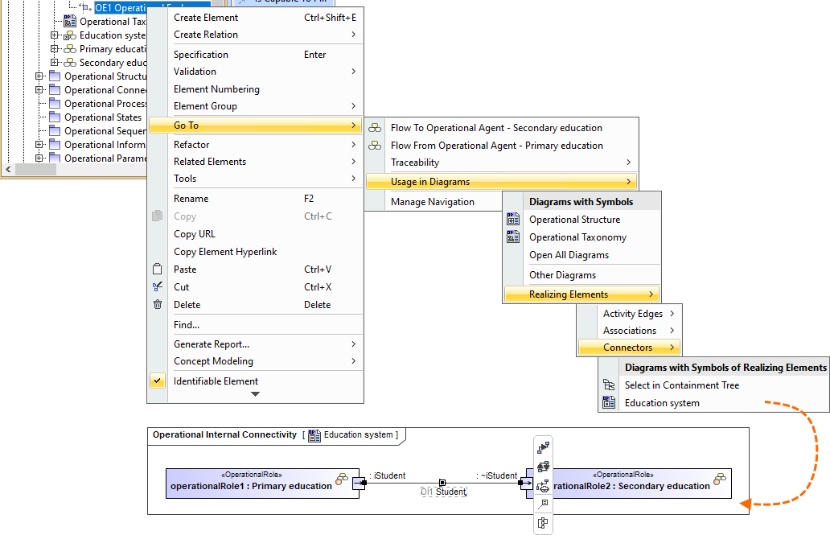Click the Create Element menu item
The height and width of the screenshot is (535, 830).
coord(206,18)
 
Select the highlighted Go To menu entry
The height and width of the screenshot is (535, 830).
coord(186,126)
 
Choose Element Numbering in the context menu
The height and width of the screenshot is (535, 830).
coord(216,89)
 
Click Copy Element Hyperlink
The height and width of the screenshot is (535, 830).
coord(225,252)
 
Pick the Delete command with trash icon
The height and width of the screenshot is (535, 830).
coord(187,305)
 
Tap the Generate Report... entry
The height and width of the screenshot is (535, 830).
coord(212,344)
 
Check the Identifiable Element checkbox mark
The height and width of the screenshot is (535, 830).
coord(158,381)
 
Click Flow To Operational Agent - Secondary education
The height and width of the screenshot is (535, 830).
coord(496,128)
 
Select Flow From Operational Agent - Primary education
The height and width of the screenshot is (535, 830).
coord(496,146)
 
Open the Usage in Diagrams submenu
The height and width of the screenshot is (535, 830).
coord(430,182)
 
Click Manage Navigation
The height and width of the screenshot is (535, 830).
coord(433,202)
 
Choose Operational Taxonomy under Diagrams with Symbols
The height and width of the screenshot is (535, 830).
coord(577,237)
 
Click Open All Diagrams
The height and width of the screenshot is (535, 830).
coord(569,255)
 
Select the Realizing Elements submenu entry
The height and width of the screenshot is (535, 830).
coord(569,294)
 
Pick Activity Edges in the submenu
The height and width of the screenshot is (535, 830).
coord(633,314)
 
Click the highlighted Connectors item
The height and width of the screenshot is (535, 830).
coord(628,348)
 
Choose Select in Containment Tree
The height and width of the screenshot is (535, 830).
coord(682,385)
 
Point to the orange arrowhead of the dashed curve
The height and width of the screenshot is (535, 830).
coord(745,504)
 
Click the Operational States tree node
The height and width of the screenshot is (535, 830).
coord(103,117)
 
